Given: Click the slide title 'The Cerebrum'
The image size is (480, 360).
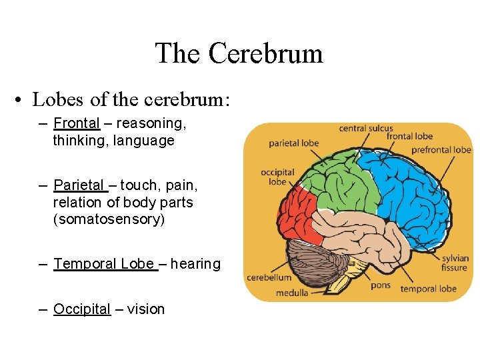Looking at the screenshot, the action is pos(239,53).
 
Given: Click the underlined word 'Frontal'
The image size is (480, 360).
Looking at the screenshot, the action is pos(76,123).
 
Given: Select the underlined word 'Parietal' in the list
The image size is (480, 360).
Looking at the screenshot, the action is pos(79,185).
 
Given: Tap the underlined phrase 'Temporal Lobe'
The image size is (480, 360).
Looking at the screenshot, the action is pos(104,264).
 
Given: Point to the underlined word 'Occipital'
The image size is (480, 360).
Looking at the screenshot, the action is pos(81,309).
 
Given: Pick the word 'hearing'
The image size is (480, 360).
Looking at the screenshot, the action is pos(195,264).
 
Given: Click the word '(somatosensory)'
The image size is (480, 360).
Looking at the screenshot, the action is pos(109,219).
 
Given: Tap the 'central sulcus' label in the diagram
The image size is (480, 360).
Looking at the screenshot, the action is pos(366,128).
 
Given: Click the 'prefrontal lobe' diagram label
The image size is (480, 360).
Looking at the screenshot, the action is pos(441,149).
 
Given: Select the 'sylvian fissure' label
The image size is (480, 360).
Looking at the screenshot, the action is pos(454,263).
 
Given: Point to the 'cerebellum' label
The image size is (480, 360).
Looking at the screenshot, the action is pos(269,277).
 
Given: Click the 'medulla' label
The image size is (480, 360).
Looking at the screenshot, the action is pos(292,292).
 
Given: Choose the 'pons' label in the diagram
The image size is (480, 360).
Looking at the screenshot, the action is pos(380,285).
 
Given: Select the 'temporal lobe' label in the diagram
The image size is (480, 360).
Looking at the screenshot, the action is pos(428,289).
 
